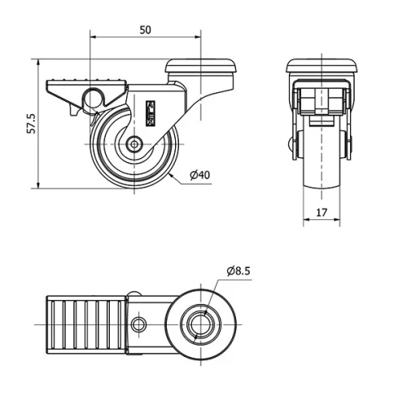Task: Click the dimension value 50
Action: point(145,29)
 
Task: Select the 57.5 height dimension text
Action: point(30,124)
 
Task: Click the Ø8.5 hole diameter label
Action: point(239,270)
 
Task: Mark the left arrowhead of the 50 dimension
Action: point(92,37)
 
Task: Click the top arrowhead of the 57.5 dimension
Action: point(40,62)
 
